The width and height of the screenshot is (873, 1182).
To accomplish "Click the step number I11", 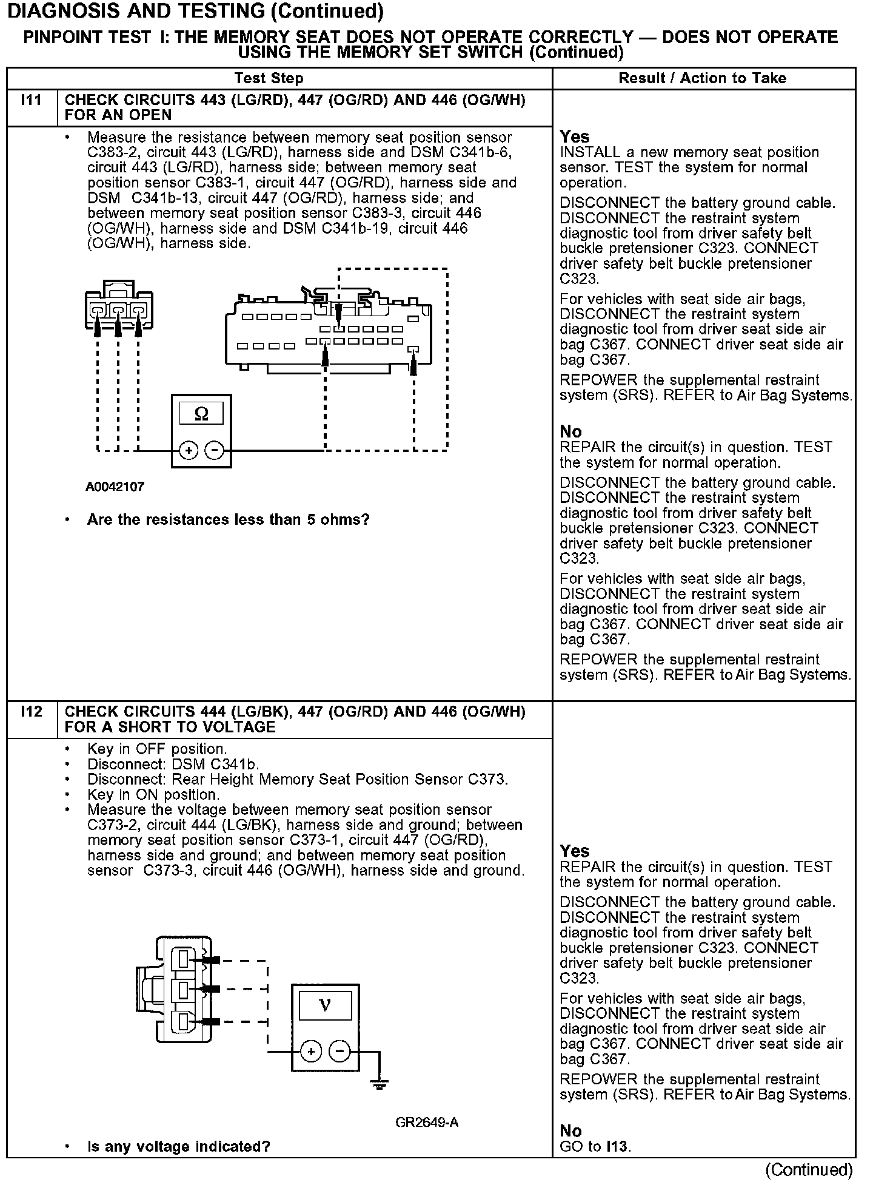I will coord(31,100).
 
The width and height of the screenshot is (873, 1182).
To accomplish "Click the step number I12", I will coord(31,711).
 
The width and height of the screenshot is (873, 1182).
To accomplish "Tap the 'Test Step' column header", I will coord(269,78).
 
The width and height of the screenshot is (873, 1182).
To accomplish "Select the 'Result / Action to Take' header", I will coord(702,78).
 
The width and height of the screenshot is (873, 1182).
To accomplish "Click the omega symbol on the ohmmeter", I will coord(201,414).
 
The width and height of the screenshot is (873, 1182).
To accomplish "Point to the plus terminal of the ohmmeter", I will coord(189,450).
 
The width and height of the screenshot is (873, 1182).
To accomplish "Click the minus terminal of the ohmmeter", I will coord(215,450).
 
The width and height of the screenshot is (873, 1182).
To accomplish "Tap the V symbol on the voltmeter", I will coord(324,1005).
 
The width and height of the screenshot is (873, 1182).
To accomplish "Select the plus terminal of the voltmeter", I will coord(311,1051).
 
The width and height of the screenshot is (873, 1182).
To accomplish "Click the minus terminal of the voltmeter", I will coord(340,1051).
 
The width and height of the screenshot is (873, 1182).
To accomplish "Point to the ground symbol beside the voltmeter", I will coord(380,1084).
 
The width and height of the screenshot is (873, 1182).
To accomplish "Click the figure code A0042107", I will coord(115,487).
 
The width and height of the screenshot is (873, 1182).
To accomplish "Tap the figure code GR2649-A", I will coord(427,1123).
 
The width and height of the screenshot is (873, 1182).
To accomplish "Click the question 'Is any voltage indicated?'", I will coord(179,1146).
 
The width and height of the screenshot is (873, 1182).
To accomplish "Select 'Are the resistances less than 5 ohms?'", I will coord(228,520).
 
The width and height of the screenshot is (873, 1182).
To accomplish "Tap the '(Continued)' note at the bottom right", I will coord(809,1169).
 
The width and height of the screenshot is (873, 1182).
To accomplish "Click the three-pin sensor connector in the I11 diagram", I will coord(119,306).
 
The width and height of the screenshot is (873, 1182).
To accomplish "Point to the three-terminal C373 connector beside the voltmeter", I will coord(176,988).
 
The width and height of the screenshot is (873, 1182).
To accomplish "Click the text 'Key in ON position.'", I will coord(153,794).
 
